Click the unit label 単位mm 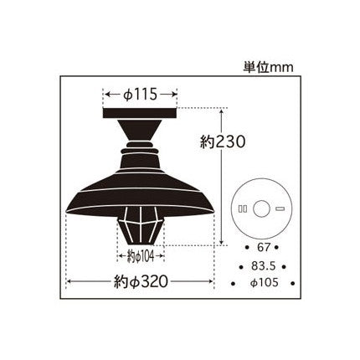coord(268,68)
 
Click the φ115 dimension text coord(140,95)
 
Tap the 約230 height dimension coord(223,142)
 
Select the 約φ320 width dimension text coord(141,281)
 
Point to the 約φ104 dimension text coord(141,256)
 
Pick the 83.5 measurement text coord(263,266)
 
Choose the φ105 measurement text coord(265,283)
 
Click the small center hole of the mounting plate coord(262,209)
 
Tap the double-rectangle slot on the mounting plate coord(242,209)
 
